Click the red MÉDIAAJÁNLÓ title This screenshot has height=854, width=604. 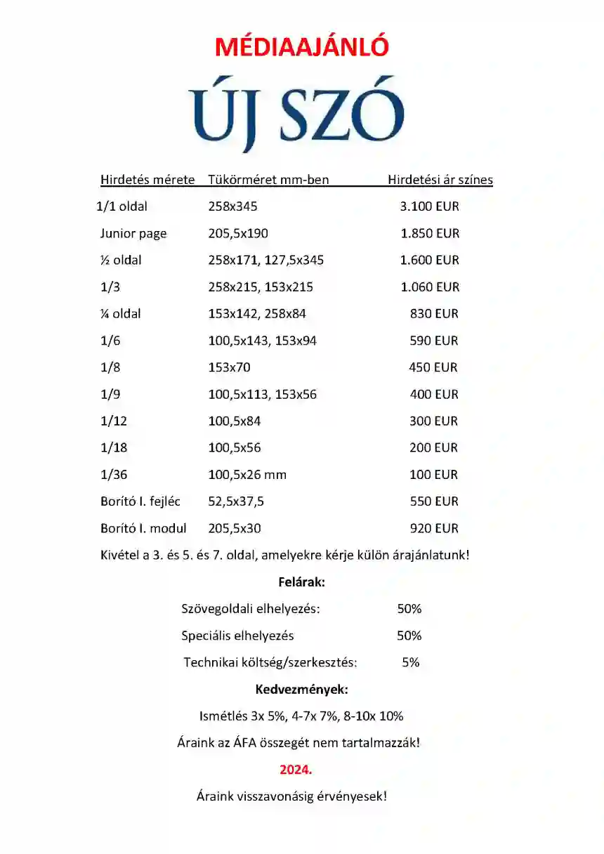pos(301,46)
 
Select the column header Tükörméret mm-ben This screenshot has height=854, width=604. pos(268,180)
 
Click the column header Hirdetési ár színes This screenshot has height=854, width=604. pos(440,180)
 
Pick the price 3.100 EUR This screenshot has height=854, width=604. pos(429,206)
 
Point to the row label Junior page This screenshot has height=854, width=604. pos(133,233)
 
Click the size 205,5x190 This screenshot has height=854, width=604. pos(238,233)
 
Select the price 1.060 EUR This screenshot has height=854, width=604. pos(429,287)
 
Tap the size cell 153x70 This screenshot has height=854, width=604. pos(229,367)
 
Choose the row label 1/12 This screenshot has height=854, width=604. pos(114,421)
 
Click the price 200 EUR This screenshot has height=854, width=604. pos(433,447)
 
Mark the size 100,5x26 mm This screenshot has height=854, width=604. pos(247,475)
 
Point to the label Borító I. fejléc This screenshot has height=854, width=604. pos(140,501)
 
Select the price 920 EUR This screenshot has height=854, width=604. pos(433,528)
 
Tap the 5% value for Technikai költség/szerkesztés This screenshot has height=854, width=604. pos(411,662)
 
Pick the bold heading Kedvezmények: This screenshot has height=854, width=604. pos(301,689)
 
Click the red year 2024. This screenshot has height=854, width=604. pos(296,770)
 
